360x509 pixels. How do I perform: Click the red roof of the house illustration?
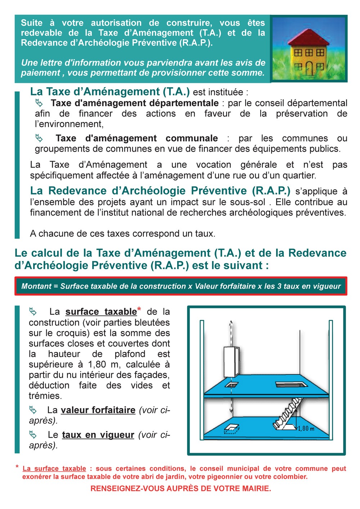pos(308,37)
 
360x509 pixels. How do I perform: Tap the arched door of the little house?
pos(310,68)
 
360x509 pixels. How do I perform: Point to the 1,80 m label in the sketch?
pos(306,428)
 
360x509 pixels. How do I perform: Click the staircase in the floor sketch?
pos(288,412)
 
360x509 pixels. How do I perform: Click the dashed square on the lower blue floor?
pos(231,428)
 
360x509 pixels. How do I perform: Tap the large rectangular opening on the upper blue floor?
pos(292,385)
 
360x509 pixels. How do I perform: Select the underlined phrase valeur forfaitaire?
pos(98,410)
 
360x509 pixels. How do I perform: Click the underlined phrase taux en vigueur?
pos(98,435)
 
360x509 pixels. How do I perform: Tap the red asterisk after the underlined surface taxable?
pos(139,309)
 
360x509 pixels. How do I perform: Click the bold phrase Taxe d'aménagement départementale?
pos(135,103)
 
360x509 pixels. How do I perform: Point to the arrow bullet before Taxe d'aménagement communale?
pos(39,138)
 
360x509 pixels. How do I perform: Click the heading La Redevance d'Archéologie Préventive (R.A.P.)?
pos(160,191)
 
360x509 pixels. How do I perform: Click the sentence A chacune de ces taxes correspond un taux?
pos(122,233)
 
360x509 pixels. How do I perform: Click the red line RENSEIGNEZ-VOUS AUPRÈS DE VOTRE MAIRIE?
pos(181,488)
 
